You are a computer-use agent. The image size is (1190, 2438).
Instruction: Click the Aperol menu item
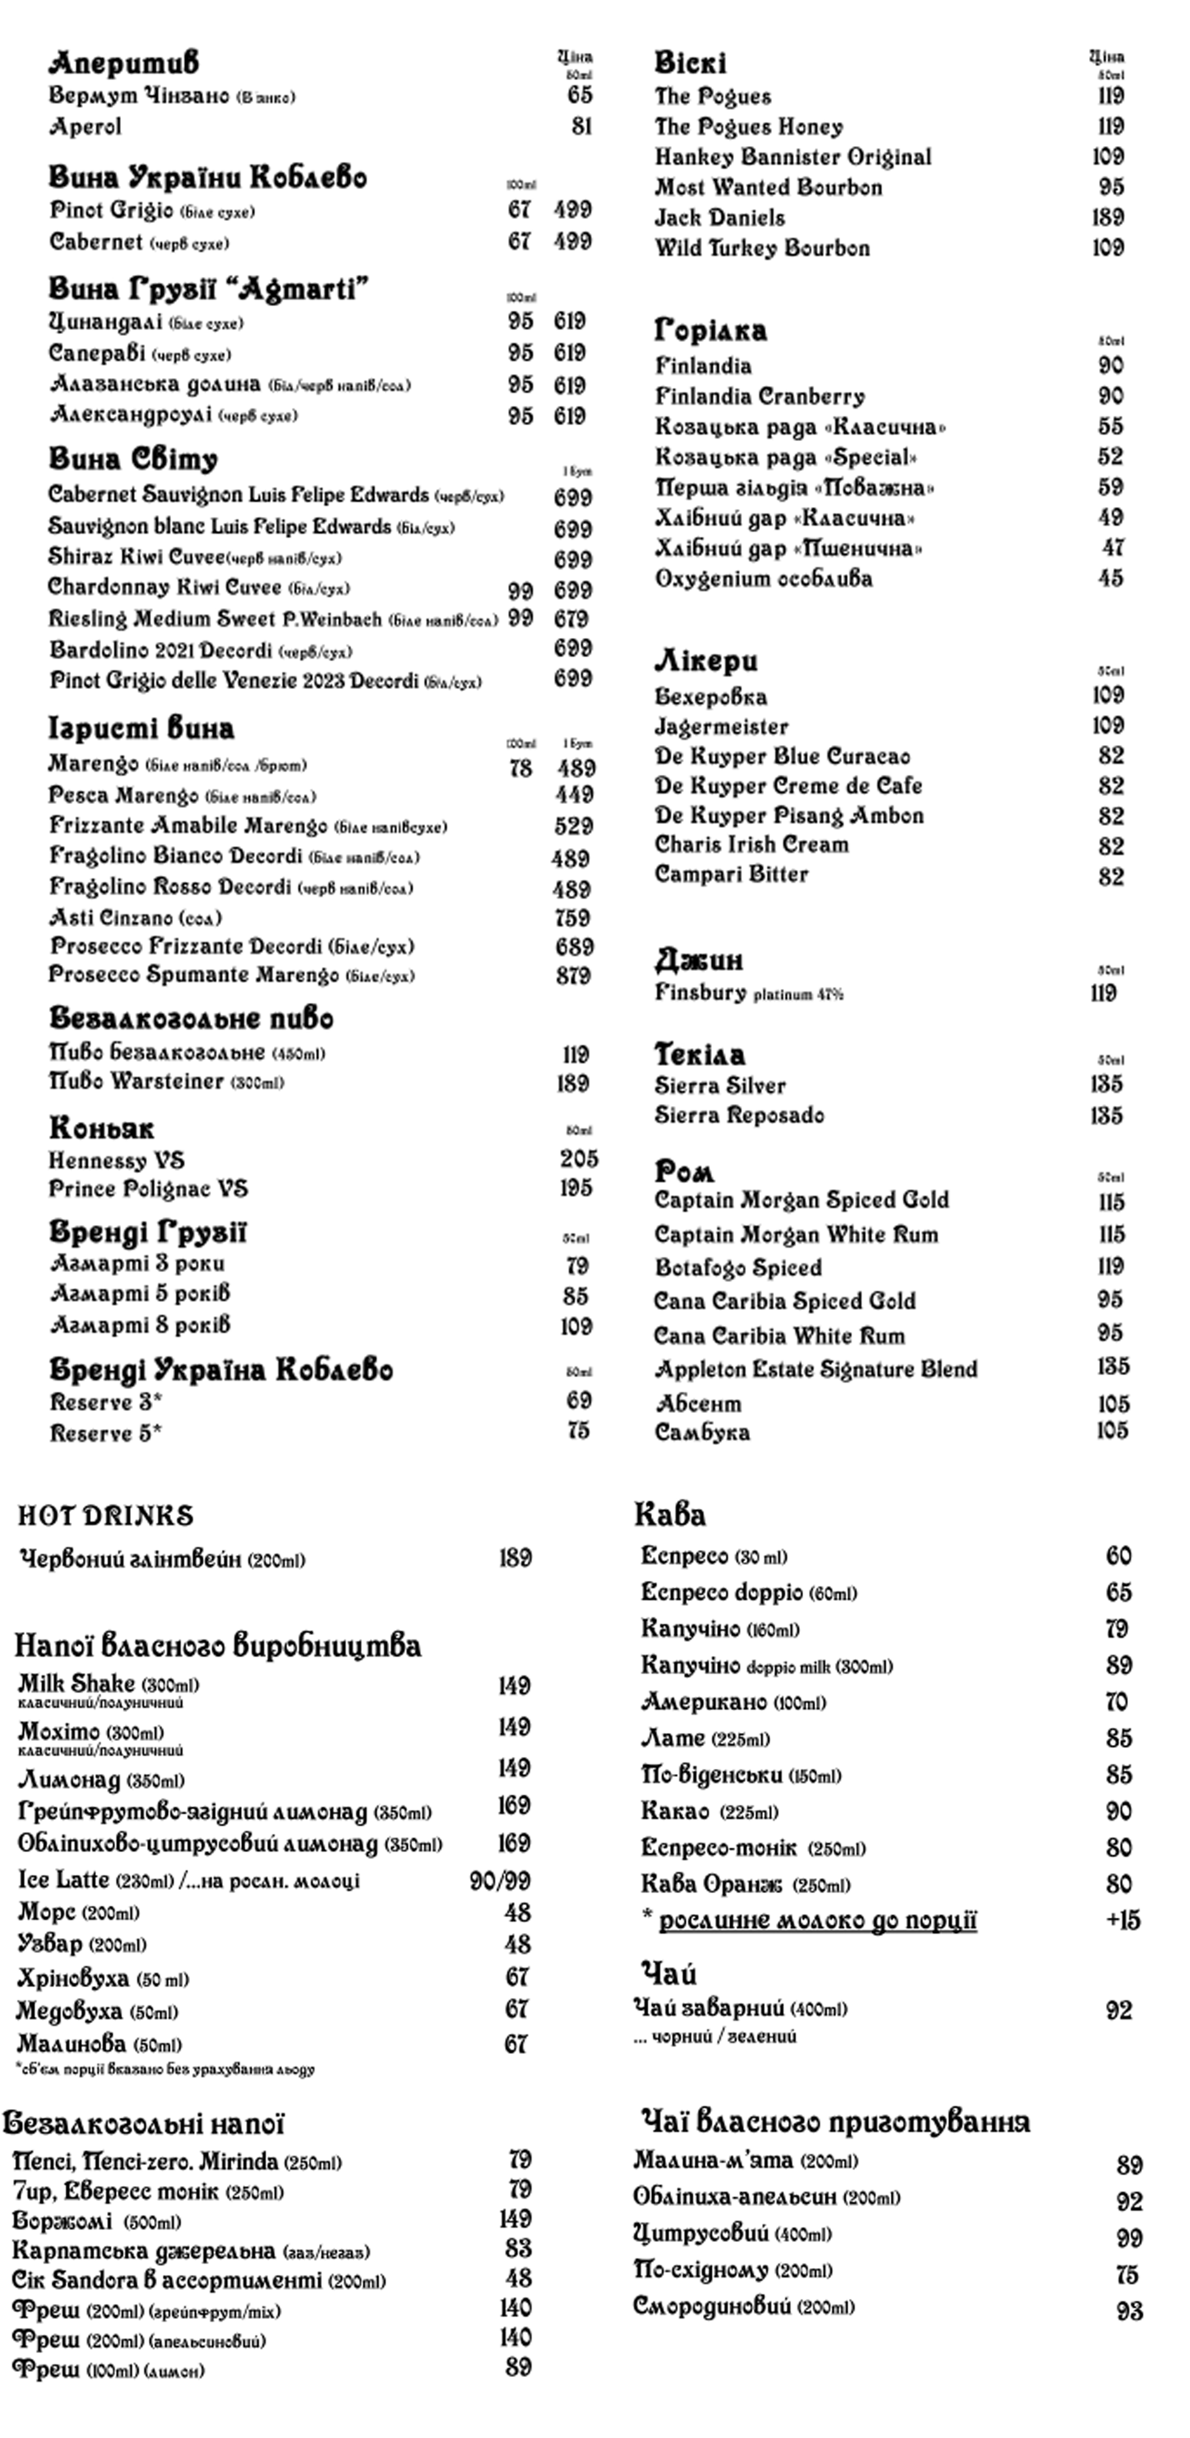(x=85, y=127)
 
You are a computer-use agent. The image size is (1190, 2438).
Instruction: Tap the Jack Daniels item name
(x=720, y=217)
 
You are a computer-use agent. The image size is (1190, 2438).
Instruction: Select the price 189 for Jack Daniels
(x=1107, y=217)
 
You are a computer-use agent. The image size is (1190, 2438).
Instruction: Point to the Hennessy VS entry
(x=116, y=1160)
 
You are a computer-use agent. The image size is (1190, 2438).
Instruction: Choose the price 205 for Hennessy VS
(x=578, y=1158)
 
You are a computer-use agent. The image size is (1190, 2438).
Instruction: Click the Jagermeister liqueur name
(x=721, y=727)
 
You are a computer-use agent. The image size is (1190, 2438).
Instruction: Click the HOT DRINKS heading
(x=105, y=1516)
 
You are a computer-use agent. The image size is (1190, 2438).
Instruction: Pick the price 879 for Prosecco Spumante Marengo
(x=573, y=976)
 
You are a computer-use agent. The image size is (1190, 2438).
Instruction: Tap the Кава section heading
(x=670, y=1514)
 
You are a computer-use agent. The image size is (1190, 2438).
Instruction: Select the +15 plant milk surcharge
(x=1123, y=1921)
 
